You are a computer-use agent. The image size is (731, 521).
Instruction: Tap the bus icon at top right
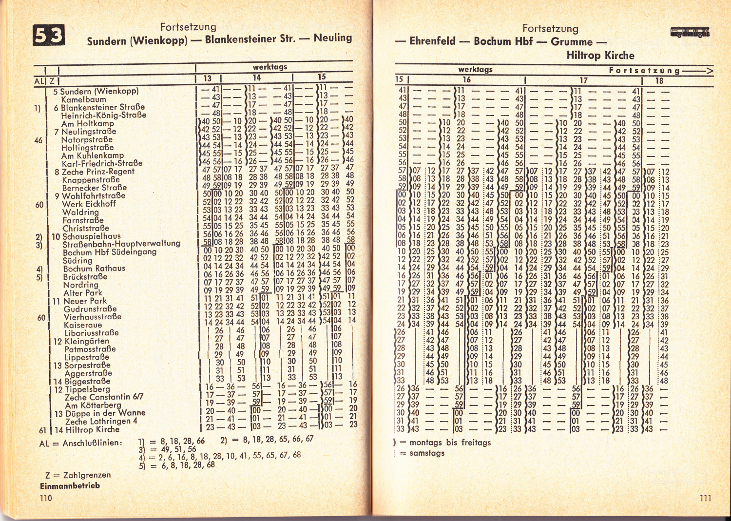click(690, 33)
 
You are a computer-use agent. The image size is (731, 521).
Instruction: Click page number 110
click(46, 498)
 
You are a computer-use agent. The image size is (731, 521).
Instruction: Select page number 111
click(705, 498)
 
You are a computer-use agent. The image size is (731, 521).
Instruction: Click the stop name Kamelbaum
click(83, 99)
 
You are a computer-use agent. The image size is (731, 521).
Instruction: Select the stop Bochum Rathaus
click(94, 269)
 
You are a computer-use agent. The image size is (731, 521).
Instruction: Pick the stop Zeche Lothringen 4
click(101, 421)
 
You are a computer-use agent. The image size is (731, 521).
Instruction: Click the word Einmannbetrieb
click(70, 485)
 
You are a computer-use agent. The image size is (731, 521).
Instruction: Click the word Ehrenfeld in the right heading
click(432, 41)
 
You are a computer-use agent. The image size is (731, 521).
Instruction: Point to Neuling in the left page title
click(332, 38)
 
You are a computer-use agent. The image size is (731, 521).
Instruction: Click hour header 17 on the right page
click(583, 80)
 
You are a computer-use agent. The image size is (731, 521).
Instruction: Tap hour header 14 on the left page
click(256, 77)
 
